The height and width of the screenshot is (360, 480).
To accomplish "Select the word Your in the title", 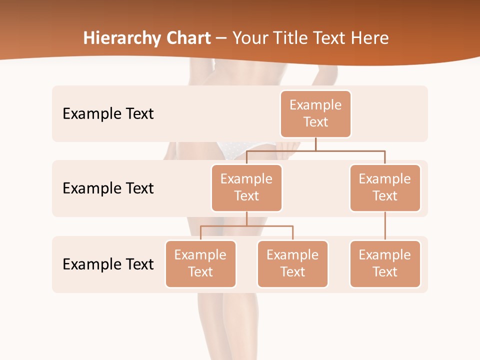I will pos(250,38).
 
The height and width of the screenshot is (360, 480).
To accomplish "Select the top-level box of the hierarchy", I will pos(315,113).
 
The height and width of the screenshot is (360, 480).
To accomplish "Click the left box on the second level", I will pos(246,187).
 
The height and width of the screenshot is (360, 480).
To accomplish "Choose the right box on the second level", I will pos(385,187).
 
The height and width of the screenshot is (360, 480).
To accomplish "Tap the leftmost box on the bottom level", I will pos(200,263).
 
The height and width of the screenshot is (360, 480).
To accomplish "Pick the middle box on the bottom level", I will pos(292,263).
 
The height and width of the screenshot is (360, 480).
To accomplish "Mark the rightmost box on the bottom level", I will pos(385,263).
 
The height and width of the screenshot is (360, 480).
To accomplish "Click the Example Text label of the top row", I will pos(108,113).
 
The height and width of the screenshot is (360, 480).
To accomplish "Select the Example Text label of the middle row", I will pos(108,188).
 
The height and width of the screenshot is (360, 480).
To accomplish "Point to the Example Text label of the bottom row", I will pos(108,264).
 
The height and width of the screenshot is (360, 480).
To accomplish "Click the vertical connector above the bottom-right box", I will pos(385,225).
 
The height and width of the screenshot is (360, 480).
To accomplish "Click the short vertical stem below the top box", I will pos(315,144).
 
